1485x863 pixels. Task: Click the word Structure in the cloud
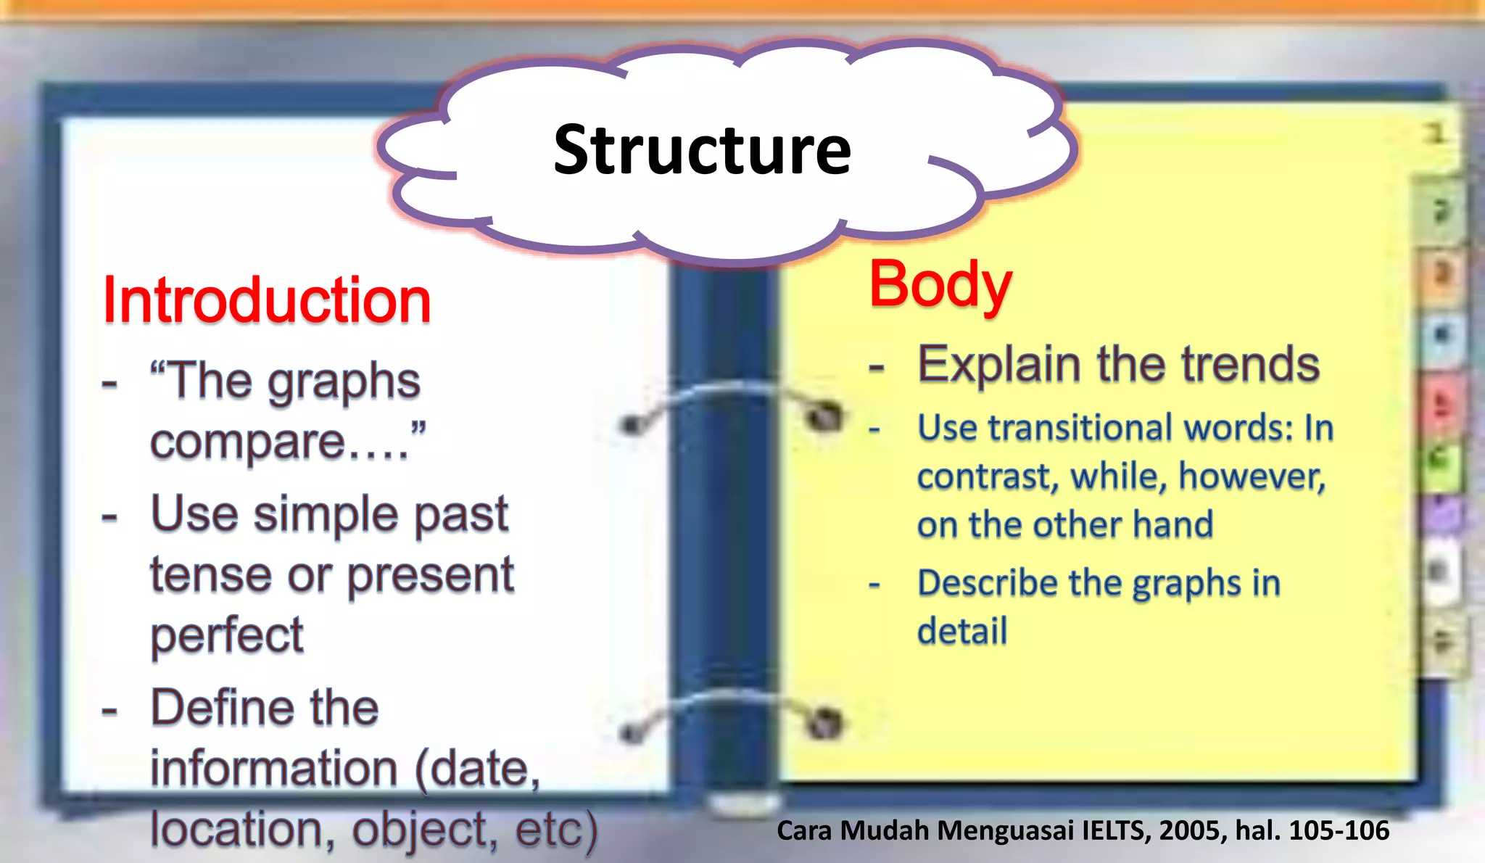click(702, 151)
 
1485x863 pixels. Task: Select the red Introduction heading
click(267, 300)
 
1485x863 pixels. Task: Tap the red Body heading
click(940, 284)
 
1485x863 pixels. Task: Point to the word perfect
click(227, 635)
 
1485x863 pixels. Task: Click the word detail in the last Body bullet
click(962, 630)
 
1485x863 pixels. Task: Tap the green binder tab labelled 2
click(1441, 210)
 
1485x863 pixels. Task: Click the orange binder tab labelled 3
click(1441, 274)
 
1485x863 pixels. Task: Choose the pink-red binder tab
click(1441, 403)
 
